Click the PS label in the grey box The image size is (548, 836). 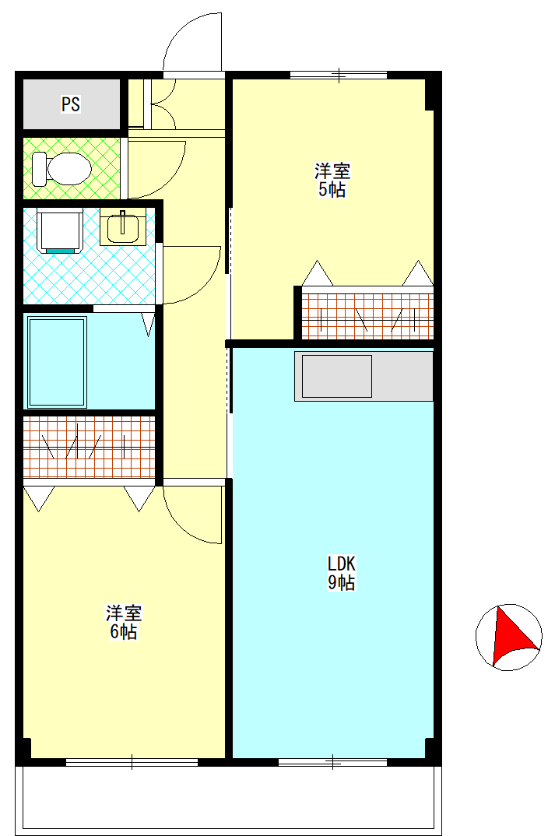(x=71, y=104)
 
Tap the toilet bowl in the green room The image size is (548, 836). (x=69, y=169)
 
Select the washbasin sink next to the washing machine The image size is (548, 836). (x=123, y=227)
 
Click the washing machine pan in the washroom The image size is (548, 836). (x=60, y=231)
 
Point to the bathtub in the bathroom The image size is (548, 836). (x=57, y=362)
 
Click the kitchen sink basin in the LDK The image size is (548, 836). (x=337, y=377)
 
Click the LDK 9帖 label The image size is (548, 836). (x=341, y=573)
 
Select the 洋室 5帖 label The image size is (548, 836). (x=332, y=181)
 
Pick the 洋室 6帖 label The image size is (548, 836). (x=124, y=622)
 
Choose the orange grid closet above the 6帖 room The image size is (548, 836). (x=89, y=447)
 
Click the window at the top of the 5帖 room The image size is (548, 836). (x=339, y=75)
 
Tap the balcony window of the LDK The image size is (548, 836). (x=332, y=762)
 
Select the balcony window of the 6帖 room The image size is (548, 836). (x=132, y=762)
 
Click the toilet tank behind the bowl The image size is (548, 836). (x=40, y=168)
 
